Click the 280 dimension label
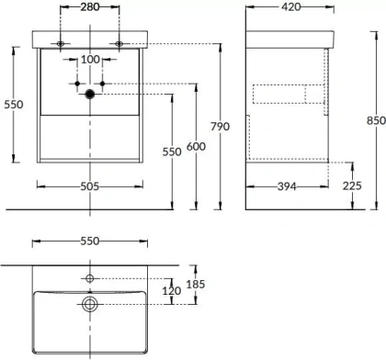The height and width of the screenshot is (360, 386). tap(90, 6)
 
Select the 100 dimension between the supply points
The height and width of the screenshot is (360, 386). tap(90, 60)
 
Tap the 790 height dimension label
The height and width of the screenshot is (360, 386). tap(220, 127)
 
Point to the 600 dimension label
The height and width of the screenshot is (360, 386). tap(196, 147)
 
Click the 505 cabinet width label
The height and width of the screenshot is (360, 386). tap(90, 186)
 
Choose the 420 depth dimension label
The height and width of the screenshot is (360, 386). tap(291, 6)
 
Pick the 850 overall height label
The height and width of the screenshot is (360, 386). tap(377, 120)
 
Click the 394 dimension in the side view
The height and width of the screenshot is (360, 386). tap(287, 186)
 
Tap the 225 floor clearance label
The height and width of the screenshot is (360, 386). tap(352, 186)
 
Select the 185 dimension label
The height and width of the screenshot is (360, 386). tap(196, 285)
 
